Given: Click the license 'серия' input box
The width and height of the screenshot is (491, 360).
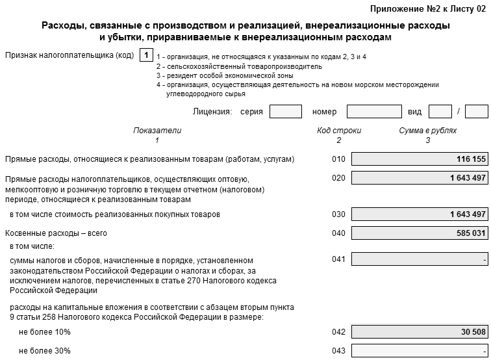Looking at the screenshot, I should click(285, 111).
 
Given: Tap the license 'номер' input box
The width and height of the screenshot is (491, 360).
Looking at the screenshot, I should click(374, 111).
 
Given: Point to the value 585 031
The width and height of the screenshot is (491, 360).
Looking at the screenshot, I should click(471, 233).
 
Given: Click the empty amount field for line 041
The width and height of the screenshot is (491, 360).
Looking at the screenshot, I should click(419, 260).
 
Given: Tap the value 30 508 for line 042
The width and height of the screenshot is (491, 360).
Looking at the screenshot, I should click(473, 331).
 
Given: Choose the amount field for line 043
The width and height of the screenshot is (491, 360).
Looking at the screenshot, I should click(419, 351).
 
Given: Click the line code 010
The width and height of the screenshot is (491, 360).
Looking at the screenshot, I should click(338, 159).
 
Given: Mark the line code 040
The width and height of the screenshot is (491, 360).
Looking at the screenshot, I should click(338, 233).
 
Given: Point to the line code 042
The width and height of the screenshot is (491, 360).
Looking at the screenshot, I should click(338, 331).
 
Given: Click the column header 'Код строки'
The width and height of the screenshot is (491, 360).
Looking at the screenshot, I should click(338, 131).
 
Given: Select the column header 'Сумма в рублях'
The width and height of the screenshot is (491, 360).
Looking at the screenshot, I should click(427, 131).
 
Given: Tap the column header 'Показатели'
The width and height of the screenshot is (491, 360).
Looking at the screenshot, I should click(157, 131).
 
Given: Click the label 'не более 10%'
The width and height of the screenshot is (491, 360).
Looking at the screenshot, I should click(45, 331).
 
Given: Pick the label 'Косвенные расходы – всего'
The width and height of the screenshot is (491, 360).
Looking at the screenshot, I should click(56, 233).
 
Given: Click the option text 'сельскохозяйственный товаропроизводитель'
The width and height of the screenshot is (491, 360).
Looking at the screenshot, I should click(242, 66).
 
